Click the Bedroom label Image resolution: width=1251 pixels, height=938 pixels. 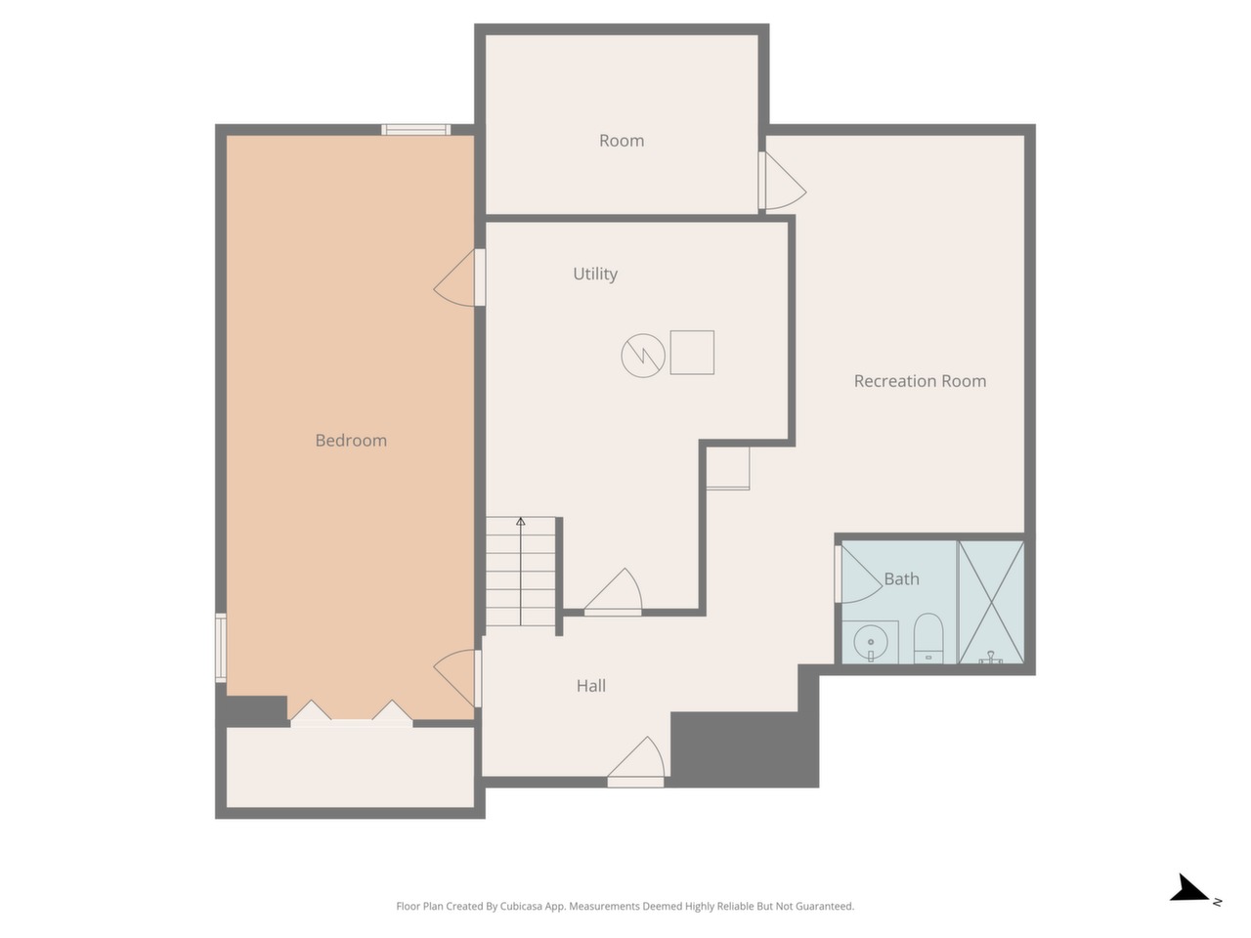pyautogui.click(x=351, y=441)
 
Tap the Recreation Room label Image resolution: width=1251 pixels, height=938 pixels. pyautogui.click(x=920, y=381)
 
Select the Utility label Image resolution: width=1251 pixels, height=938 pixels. pyautogui.click(x=595, y=274)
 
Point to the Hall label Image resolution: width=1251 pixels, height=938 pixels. pyautogui.click(x=590, y=686)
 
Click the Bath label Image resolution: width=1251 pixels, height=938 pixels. pyautogui.click(x=901, y=579)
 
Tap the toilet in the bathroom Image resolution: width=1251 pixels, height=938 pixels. pyautogui.click(x=927, y=638)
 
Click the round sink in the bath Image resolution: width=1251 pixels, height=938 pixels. pyautogui.click(x=870, y=643)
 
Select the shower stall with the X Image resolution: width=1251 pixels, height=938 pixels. pyautogui.click(x=991, y=602)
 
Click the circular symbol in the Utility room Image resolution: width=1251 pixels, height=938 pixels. pyautogui.click(x=643, y=356)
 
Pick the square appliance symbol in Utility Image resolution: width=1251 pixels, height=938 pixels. pyautogui.click(x=692, y=353)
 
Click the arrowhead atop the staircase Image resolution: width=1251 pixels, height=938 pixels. pyautogui.click(x=520, y=521)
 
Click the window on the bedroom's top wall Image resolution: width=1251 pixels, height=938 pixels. pyautogui.click(x=416, y=130)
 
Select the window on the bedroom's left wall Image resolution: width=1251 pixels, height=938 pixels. pyautogui.click(x=221, y=648)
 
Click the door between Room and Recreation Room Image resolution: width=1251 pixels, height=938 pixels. pyautogui.click(x=782, y=181)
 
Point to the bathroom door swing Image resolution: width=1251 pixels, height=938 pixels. pyautogui.click(x=858, y=575)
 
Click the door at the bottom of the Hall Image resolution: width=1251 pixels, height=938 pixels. pyautogui.click(x=635, y=762)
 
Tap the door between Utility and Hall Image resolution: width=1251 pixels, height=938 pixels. pyautogui.click(x=613, y=592)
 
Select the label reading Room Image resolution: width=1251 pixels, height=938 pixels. pyautogui.click(x=622, y=141)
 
